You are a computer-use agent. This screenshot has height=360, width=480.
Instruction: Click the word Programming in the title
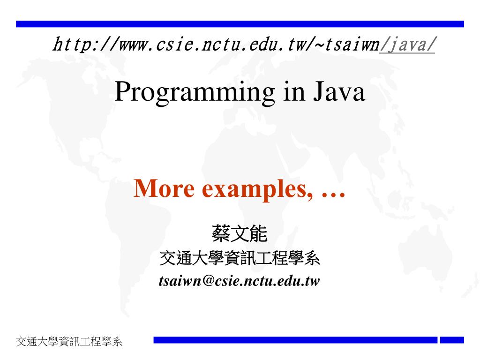(x=195, y=92)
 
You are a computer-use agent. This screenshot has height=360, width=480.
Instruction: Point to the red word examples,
(x=258, y=189)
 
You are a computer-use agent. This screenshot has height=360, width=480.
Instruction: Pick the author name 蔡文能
(x=240, y=234)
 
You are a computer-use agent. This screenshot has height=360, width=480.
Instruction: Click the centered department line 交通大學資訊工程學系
(x=240, y=258)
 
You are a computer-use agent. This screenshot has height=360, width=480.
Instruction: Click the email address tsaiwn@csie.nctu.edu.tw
(x=240, y=281)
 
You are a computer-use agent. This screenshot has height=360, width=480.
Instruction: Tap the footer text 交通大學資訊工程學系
(x=69, y=342)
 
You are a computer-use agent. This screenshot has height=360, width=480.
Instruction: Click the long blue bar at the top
(x=240, y=24)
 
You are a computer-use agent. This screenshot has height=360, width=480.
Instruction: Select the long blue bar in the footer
(x=295, y=340)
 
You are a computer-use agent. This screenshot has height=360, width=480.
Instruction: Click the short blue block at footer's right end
(x=452, y=340)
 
